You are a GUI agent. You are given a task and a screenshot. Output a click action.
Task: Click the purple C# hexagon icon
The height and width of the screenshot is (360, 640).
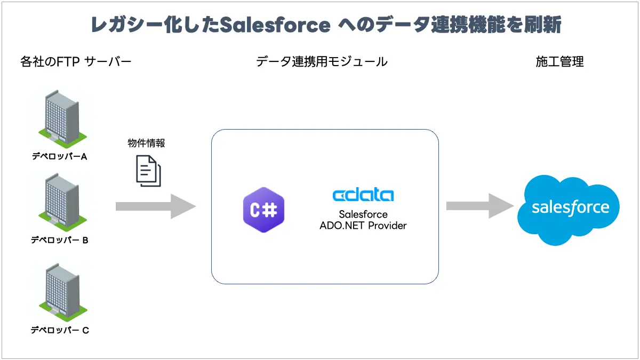point(263,210)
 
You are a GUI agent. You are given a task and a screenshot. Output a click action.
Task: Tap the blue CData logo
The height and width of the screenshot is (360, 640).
point(363,195)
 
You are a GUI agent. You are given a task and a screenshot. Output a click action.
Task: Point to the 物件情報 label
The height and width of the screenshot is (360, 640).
point(146,143)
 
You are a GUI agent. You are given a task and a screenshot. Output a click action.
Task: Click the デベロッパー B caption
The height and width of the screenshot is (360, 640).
point(59,240)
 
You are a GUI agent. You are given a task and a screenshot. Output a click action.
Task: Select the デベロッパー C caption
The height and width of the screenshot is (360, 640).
point(59,330)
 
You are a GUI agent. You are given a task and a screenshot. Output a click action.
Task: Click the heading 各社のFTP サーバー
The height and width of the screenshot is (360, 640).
point(76,62)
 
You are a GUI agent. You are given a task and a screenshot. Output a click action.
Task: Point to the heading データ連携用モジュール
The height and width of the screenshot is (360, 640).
point(322,62)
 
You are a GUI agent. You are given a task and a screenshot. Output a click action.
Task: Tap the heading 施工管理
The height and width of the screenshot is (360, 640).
point(559,62)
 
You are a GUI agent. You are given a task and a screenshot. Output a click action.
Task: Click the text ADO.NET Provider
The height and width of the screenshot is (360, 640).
point(363,225)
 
